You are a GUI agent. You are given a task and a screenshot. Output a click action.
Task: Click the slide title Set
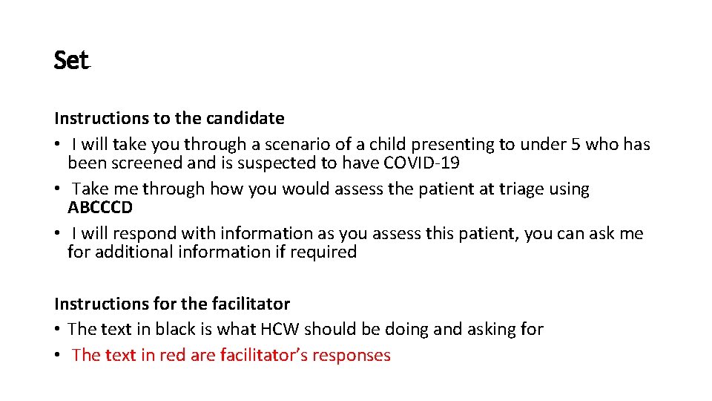click(71, 61)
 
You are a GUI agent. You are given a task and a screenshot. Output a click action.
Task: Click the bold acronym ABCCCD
click(100, 207)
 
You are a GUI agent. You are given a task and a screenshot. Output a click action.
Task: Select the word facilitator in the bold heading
click(250, 304)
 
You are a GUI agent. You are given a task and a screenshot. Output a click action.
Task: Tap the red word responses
click(352, 355)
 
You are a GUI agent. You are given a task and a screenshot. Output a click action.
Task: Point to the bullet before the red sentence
click(58, 355)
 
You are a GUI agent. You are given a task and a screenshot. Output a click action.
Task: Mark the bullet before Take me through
click(58, 189)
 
